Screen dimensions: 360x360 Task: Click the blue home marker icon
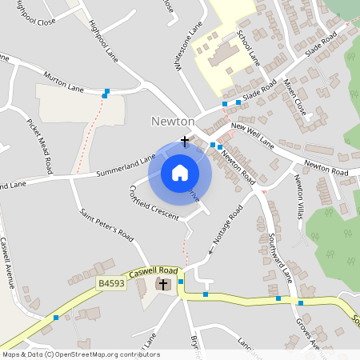coord(180,172)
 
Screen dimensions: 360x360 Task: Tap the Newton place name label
coord(172,122)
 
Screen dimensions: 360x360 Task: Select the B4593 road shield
coord(112,283)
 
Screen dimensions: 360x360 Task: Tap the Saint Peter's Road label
coord(106,225)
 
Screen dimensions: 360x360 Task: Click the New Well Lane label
coord(252,134)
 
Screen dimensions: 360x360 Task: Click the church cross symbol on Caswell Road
coord(164,285)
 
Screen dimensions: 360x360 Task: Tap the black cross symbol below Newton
coord(186,141)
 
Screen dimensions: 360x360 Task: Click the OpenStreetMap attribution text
coord(80,354)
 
